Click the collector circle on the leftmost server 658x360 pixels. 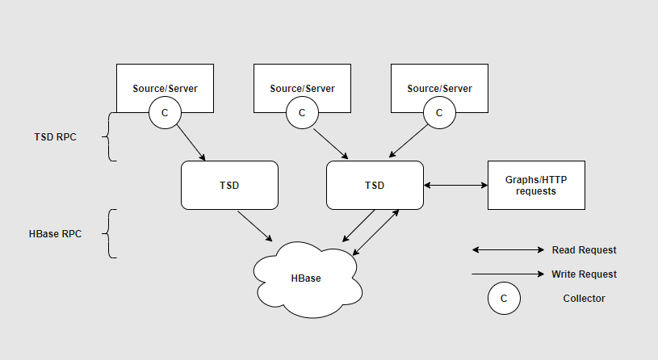click(x=165, y=113)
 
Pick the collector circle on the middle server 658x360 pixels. click(x=302, y=113)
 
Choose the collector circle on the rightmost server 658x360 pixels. click(x=439, y=113)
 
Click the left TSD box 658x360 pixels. click(x=229, y=186)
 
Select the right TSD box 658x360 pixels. click(x=375, y=186)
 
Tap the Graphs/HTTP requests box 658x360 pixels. click(x=536, y=186)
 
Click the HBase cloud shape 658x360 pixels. click(x=306, y=278)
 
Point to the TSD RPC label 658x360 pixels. click(x=55, y=137)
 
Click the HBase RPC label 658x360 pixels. click(x=54, y=234)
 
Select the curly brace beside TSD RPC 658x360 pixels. click(x=109, y=137)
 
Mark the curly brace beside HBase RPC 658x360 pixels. click(x=109, y=234)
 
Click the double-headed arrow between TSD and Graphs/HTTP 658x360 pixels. click(x=455, y=186)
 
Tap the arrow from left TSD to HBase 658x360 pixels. click(x=254, y=225)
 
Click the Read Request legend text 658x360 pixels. click(x=584, y=250)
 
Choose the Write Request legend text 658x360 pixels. click(x=584, y=274)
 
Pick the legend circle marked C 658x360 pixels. click(x=504, y=299)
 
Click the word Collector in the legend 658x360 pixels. click(x=584, y=299)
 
